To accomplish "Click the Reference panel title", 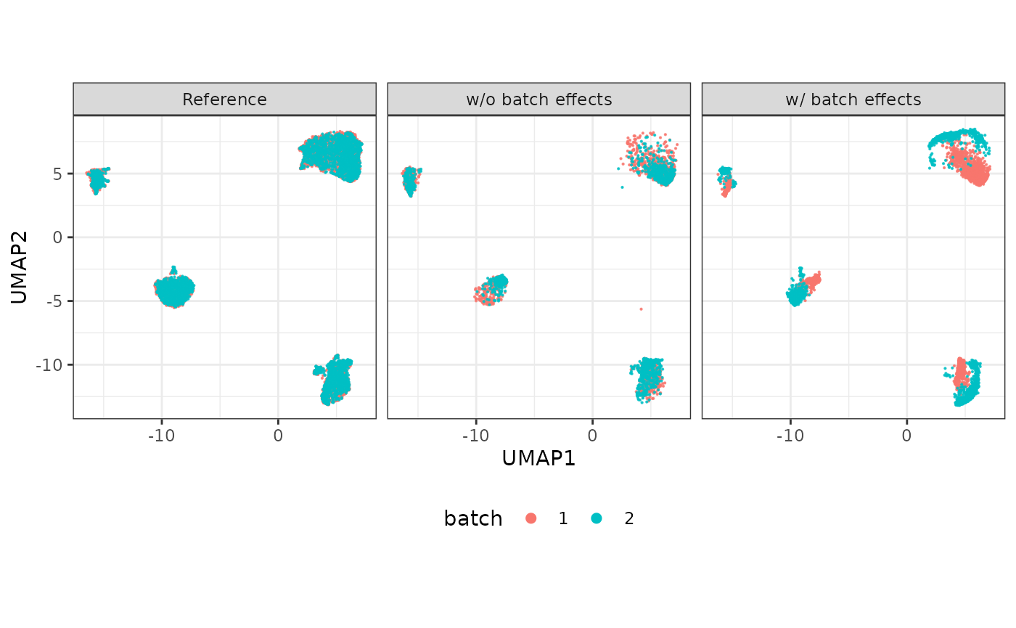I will coord(224,99).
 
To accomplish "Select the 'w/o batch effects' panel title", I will coord(538,99).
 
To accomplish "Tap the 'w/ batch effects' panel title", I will coord(853,99).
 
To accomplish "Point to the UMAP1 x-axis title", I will coord(538,458).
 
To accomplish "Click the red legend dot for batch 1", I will coord(531,518).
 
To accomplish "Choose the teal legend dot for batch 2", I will coord(597,518).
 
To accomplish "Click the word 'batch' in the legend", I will coord(473,518).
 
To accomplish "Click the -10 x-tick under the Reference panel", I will coord(161,436).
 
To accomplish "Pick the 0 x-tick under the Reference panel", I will coord(278,436).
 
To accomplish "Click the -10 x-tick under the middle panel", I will coord(475,436).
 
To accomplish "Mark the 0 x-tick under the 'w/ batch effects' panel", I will coord(906,436).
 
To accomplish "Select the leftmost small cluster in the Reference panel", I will coord(98,178).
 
